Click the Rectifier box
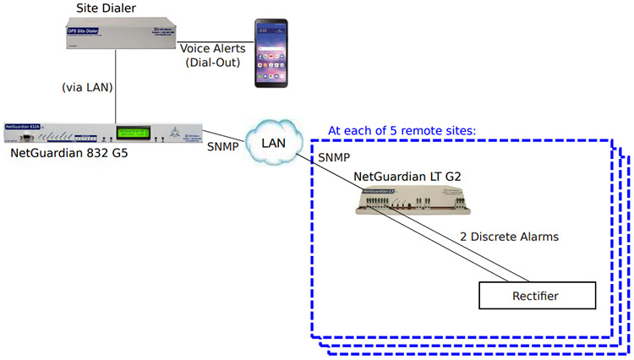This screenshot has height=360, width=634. coord(537,295)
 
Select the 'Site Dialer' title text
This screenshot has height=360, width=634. coord(107,8)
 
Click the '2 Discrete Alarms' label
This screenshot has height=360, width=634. coord(509,237)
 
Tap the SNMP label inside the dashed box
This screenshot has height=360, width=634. coord(335,159)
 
